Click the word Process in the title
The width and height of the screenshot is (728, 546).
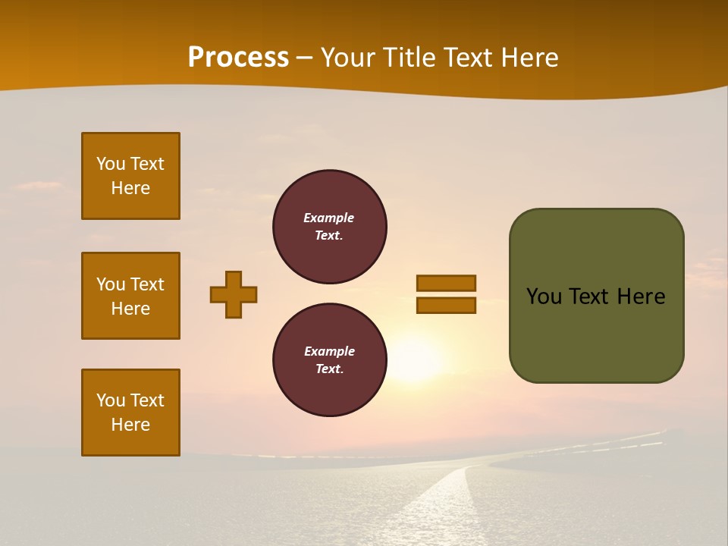[238, 57]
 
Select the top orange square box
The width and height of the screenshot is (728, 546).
[130, 176]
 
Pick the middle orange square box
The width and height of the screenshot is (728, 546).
[130, 296]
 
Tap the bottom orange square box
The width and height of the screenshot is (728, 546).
[130, 413]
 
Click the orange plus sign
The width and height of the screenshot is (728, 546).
[234, 294]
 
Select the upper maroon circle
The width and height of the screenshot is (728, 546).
[329, 227]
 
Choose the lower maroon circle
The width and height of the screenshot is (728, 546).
[329, 360]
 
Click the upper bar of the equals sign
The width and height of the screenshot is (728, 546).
[446, 283]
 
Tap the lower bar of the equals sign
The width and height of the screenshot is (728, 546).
[446, 306]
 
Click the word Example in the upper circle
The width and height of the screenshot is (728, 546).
[329, 218]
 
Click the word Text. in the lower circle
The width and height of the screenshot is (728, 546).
[329, 369]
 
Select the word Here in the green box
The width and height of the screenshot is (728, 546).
[641, 297]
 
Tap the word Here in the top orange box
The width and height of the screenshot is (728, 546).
[130, 188]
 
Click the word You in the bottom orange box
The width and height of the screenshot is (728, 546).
[111, 400]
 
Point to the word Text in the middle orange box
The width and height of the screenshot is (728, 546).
[147, 284]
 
